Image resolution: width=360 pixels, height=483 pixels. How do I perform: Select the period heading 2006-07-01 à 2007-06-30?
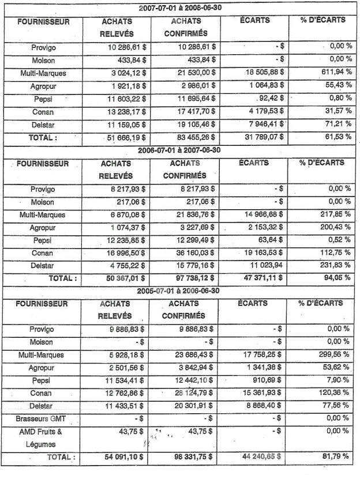coord(181,150)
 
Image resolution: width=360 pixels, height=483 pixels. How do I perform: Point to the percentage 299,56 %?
coord(333,355)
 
